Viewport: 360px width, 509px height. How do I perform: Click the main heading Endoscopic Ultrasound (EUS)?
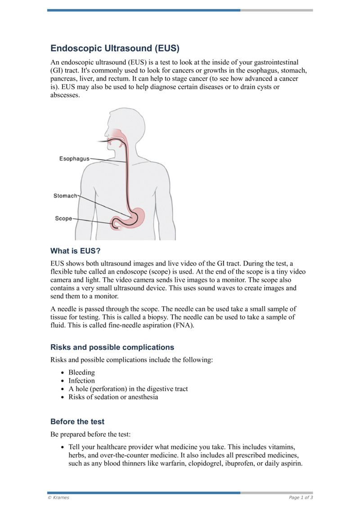pos(115,48)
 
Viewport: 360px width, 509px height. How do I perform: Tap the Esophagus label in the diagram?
pos(74,159)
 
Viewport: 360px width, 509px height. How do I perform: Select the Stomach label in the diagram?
pos(66,196)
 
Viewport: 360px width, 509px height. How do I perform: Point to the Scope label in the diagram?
pos(63,219)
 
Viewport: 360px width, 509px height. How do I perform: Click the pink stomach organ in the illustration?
pos(139,216)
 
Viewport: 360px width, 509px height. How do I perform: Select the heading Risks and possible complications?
pos(112,347)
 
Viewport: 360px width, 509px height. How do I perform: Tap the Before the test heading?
pos(77,422)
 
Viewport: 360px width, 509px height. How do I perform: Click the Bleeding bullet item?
pos(81,373)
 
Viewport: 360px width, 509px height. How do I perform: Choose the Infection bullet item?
pos(81,381)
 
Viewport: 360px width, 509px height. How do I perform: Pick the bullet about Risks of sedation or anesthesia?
pos(113,397)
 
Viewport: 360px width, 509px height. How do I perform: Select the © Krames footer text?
pos(59,497)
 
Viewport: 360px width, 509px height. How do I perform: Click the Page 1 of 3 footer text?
pos(301,497)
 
